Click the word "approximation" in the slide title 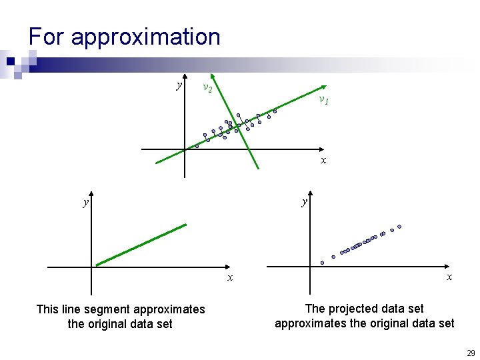pyautogui.click(x=145, y=37)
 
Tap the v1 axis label pyautogui.click(x=323, y=100)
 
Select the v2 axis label pyautogui.click(x=207, y=88)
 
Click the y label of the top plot pyautogui.click(x=178, y=85)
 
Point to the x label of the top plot pyautogui.click(x=323, y=161)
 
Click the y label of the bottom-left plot pyautogui.click(x=85, y=201)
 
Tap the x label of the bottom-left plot pyautogui.click(x=230, y=277)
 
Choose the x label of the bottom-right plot pyautogui.click(x=449, y=277)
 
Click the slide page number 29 pyautogui.click(x=471, y=353)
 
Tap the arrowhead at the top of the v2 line pyautogui.click(x=211, y=75)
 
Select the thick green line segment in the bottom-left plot pyautogui.click(x=140, y=245)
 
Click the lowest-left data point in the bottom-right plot pyautogui.click(x=322, y=263)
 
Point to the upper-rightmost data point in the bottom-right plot pyautogui.click(x=399, y=227)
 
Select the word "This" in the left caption pyautogui.click(x=47, y=309)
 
